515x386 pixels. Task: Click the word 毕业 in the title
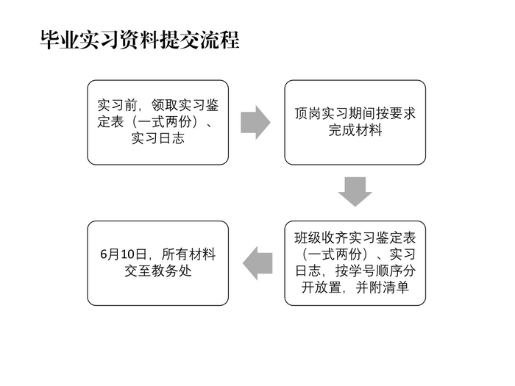[60, 40]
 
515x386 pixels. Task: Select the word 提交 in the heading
[180, 40]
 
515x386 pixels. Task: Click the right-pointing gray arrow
[255, 123]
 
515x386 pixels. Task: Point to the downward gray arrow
[355, 192]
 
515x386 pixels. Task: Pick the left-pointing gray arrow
[257, 263]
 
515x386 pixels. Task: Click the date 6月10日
[123, 254]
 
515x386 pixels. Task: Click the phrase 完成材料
[355, 130]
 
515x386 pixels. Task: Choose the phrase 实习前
[117, 105]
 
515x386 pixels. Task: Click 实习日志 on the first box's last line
[158, 138]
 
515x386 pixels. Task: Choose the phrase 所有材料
[189, 254]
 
